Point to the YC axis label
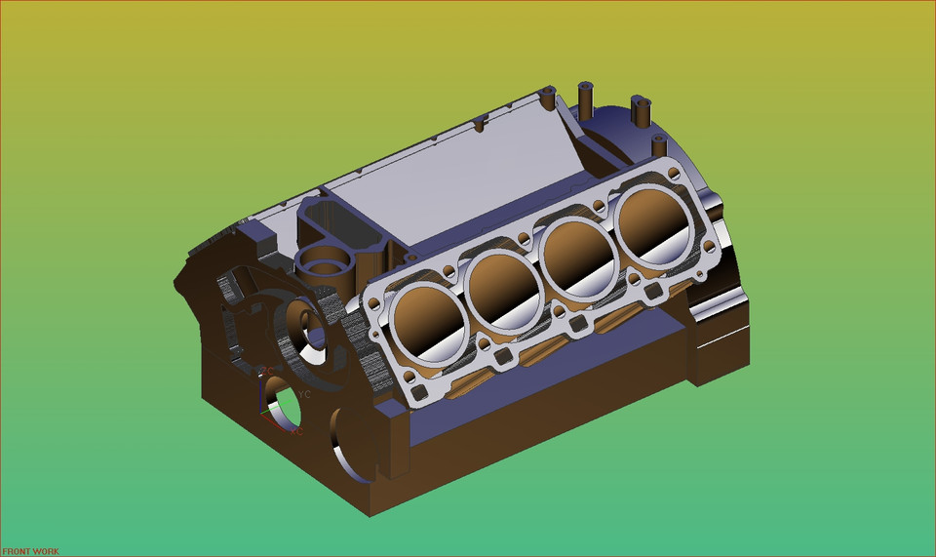[304, 395]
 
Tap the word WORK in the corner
[46, 551]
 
